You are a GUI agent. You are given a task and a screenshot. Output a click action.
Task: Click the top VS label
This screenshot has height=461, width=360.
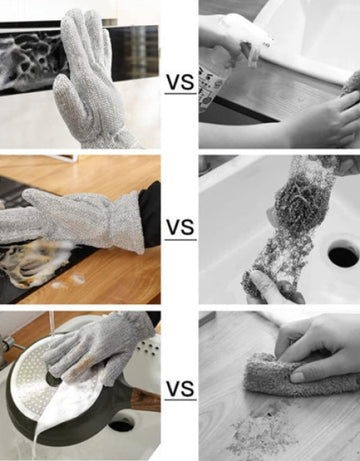pos(180,83)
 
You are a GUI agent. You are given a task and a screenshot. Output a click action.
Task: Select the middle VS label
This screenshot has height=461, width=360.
pos(180,227)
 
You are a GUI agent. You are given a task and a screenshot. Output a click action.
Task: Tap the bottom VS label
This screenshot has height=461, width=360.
pos(180,389)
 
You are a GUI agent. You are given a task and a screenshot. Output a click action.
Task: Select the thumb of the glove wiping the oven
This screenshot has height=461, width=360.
pos(63,93)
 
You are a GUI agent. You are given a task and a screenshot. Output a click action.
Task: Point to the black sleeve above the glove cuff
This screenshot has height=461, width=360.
pos(150,213)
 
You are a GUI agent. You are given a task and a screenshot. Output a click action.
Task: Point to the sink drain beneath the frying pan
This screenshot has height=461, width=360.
pos(121,426)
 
